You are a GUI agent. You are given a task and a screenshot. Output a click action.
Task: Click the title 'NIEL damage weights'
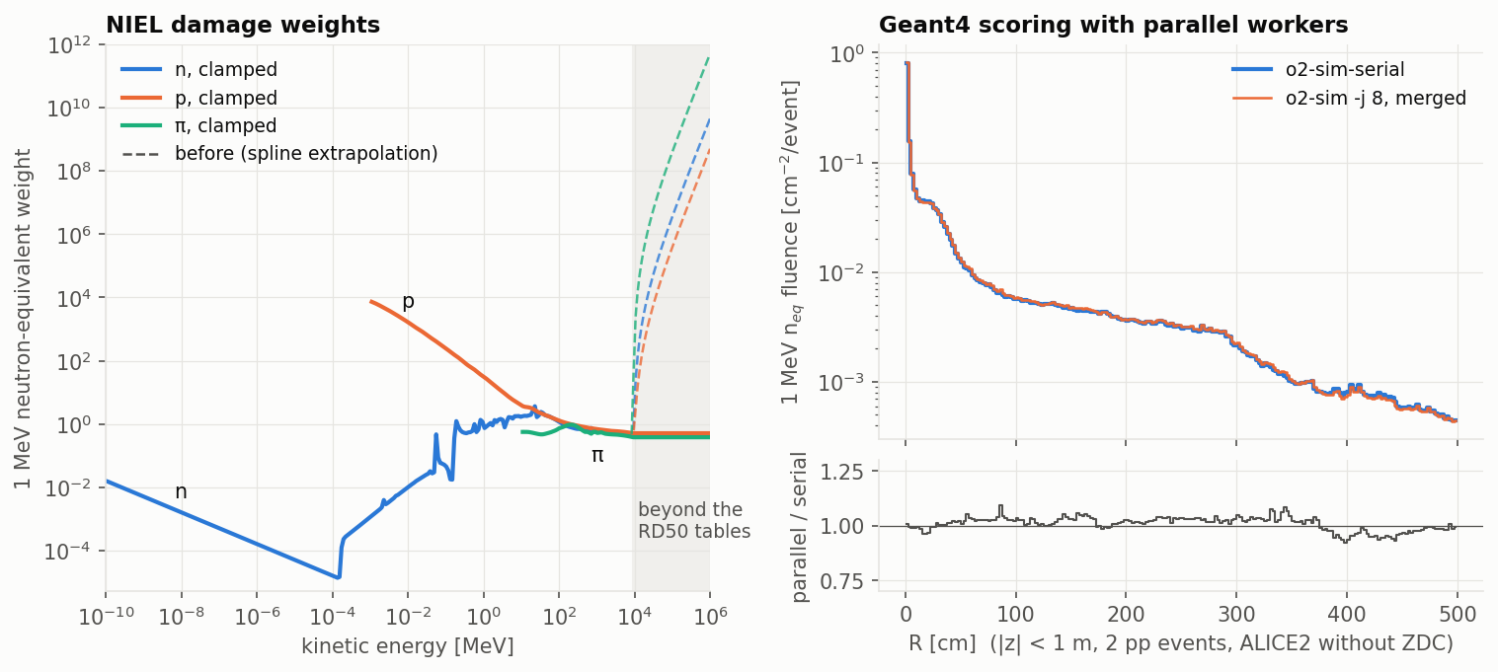(243, 25)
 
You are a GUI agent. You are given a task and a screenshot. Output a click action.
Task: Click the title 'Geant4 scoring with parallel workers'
(1114, 25)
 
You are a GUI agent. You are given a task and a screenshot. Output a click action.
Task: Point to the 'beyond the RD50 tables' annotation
(693, 520)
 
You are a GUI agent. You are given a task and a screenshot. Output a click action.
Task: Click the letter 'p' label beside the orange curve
(408, 302)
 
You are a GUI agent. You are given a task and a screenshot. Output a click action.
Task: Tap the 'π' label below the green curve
(597, 456)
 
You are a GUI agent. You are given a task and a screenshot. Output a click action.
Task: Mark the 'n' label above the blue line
(181, 491)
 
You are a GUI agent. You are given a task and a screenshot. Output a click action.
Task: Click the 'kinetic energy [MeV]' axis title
(408, 646)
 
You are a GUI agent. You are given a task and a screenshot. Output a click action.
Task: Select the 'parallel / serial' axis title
(799, 527)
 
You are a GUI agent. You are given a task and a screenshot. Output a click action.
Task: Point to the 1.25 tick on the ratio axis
(841, 473)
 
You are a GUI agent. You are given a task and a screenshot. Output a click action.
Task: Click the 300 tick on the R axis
(1236, 614)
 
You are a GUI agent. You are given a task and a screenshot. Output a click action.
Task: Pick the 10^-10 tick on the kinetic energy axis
(105, 616)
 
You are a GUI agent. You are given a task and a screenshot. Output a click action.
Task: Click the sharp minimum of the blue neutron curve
(339, 577)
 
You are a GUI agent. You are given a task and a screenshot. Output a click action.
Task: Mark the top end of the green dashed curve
(709, 57)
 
